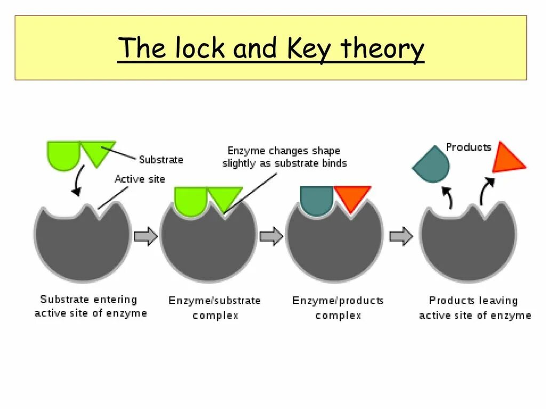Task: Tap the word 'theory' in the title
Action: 383,48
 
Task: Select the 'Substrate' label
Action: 161,159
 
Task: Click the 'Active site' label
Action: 140,179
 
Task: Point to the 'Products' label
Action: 468,147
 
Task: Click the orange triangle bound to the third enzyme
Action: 352,197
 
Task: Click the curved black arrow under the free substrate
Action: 78,181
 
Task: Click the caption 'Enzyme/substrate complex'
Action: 215,308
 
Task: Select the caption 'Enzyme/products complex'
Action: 338,308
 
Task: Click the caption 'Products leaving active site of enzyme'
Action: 475,308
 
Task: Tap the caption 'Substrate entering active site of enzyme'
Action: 90,306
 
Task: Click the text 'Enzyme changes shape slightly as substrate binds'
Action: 284,157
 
